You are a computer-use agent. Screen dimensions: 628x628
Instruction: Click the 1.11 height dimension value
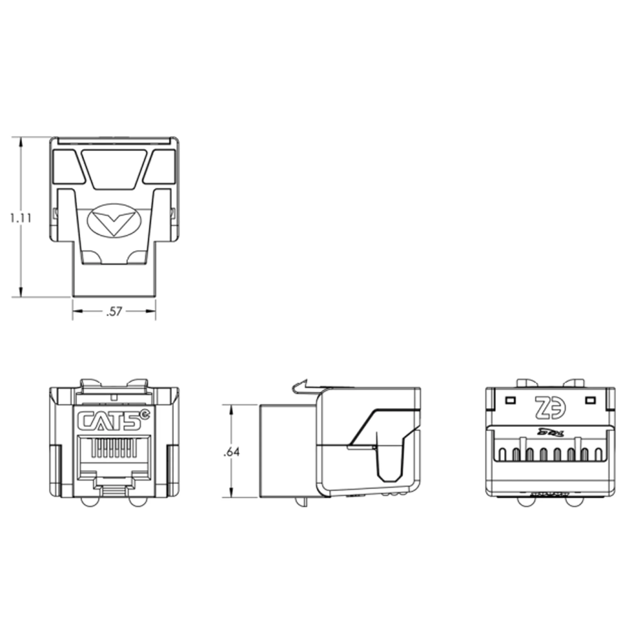click(x=20, y=218)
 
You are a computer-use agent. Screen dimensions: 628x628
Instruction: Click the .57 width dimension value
click(x=114, y=311)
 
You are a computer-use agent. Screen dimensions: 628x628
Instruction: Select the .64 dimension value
click(x=231, y=452)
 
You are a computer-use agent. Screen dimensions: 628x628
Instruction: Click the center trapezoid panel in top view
click(x=114, y=169)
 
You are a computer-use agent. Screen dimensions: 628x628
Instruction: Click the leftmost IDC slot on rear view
click(x=502, y=454)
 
